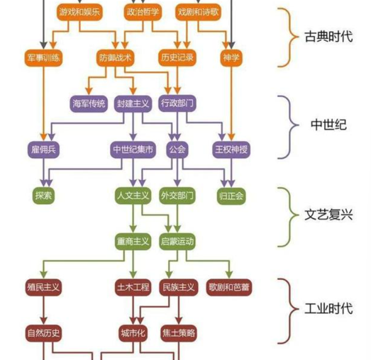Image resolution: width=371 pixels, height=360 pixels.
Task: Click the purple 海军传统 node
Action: pyautogui.click(x=89, y=103)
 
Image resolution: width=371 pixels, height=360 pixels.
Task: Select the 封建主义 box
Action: pyautogui.click(x=133, y=103)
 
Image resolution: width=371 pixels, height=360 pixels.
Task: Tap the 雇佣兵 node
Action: pyautogui.click(x=43, y=150)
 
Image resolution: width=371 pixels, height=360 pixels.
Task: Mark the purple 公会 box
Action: pyautogui.click(x=177, y=150)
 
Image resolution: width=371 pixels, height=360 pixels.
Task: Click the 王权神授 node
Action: pyautogui.click(x=231, y=150)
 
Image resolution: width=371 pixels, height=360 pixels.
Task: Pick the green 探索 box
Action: pyautogui.click(x=43, y=196)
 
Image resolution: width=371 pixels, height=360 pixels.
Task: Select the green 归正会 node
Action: pyautogui.click(x=231, y=196)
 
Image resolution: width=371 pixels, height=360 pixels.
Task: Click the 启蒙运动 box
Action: pyautogui.click(x=177, y=241)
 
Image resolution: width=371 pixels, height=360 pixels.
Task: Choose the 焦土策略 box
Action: pyautogui.click(x=177, y=332)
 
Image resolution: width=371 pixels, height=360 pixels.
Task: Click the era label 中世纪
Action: pyautogui.click(x=328, y=124)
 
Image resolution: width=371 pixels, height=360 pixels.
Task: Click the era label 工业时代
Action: pyautogui.click(x=328, y=308)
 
